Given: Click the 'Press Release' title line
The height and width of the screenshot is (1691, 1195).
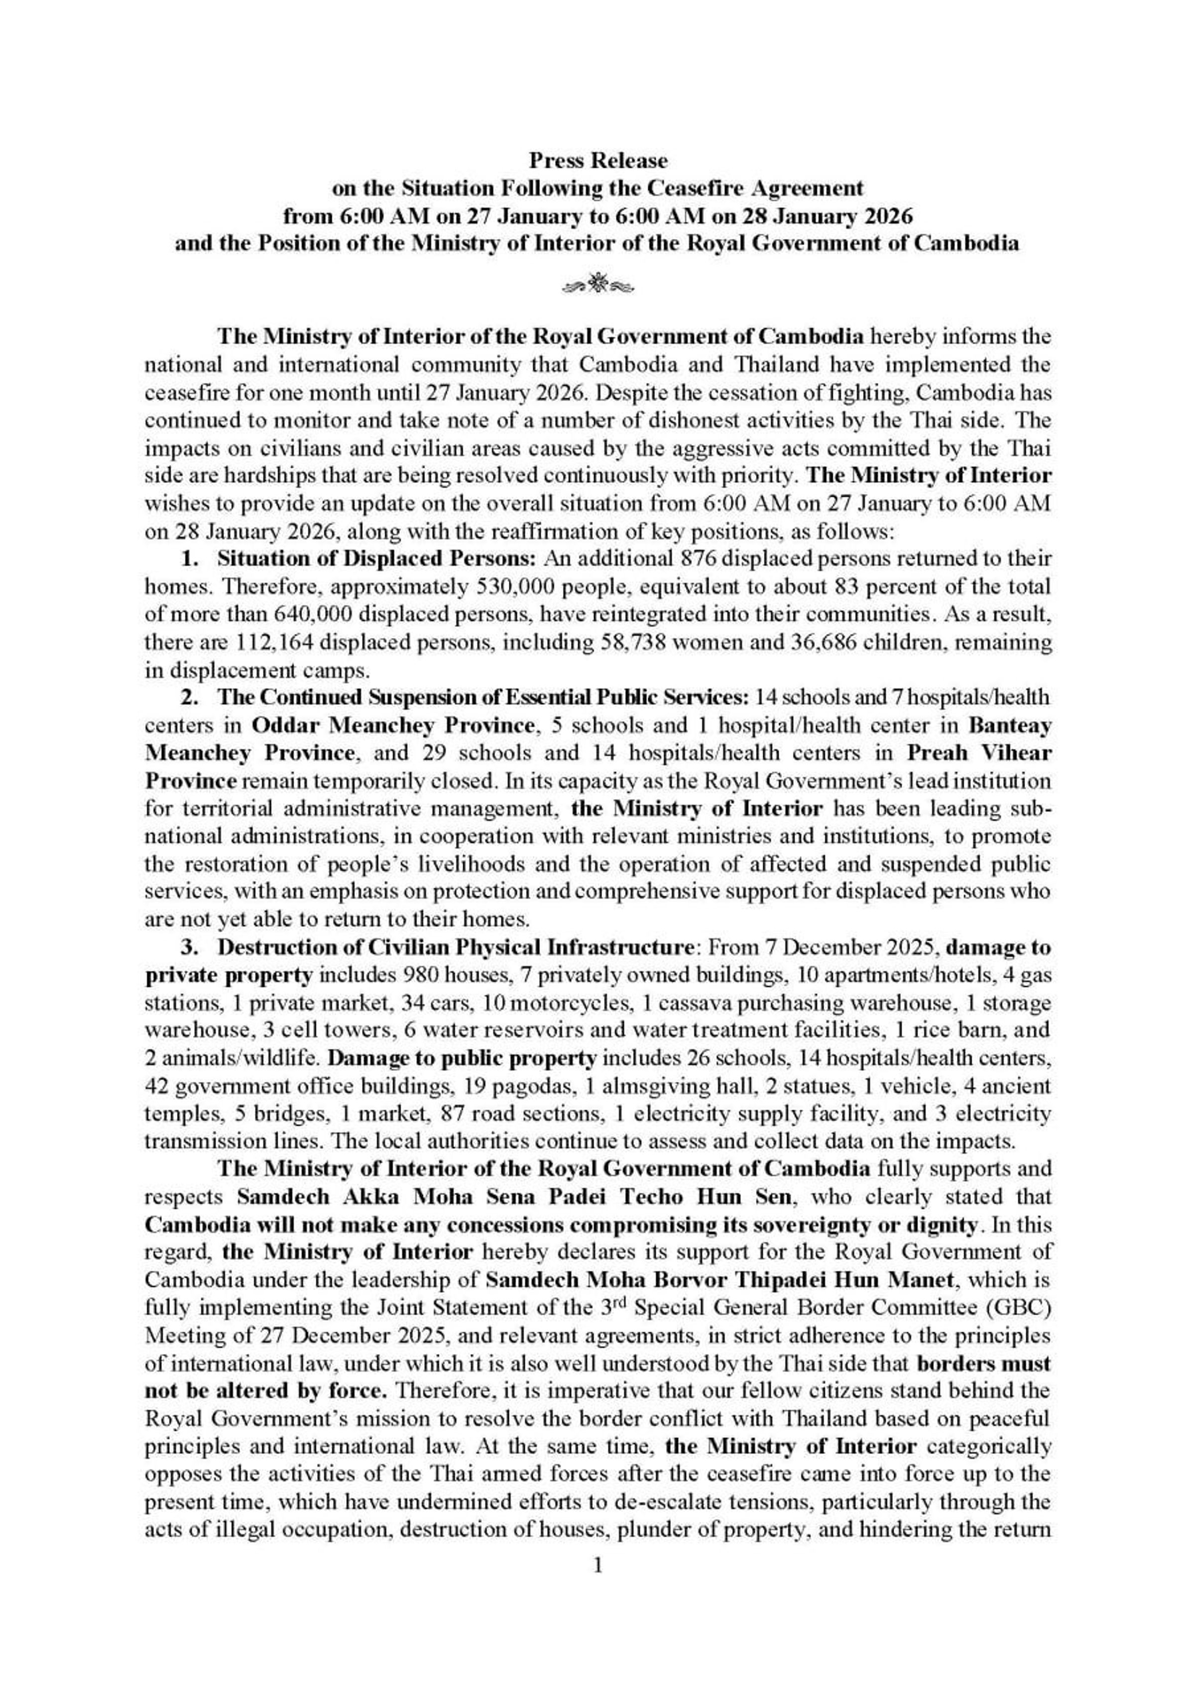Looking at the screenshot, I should (x=597, y=161).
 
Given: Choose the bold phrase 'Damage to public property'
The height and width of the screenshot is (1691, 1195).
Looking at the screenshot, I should (x=462, y=1058).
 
